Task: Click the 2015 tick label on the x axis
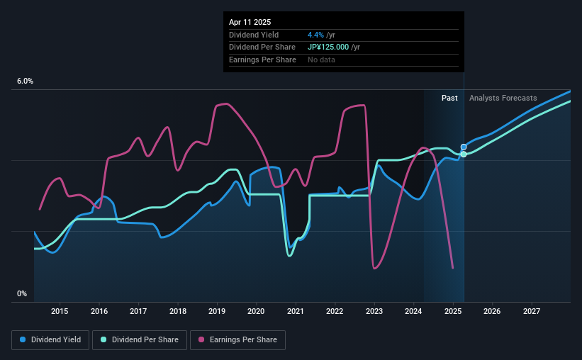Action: tap(60, 311)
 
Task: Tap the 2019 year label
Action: tap(217, 311)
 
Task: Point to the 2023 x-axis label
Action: tap(374, 311)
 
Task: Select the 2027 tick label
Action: tap(532, 311)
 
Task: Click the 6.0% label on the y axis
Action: tap(25, 81)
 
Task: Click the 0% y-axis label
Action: tap(22, 293)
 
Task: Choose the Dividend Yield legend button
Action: tap(50, 340)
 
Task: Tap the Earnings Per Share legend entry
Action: tap(237, 340)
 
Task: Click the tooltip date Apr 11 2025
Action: tap(250, 22)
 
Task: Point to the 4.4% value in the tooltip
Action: tap(315, 35)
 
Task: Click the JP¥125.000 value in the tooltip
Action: tap(332, 47)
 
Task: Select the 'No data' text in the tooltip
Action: tap(321, 60)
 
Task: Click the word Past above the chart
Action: tap(449, 98)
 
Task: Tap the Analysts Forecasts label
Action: tap(503, 98)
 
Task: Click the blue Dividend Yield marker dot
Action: tap(464, 147)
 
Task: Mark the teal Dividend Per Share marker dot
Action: tap(464, 154)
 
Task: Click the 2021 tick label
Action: tap(296, 311)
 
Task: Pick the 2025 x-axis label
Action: tap(453, 311)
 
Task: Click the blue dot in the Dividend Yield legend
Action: tap(23, 340)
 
